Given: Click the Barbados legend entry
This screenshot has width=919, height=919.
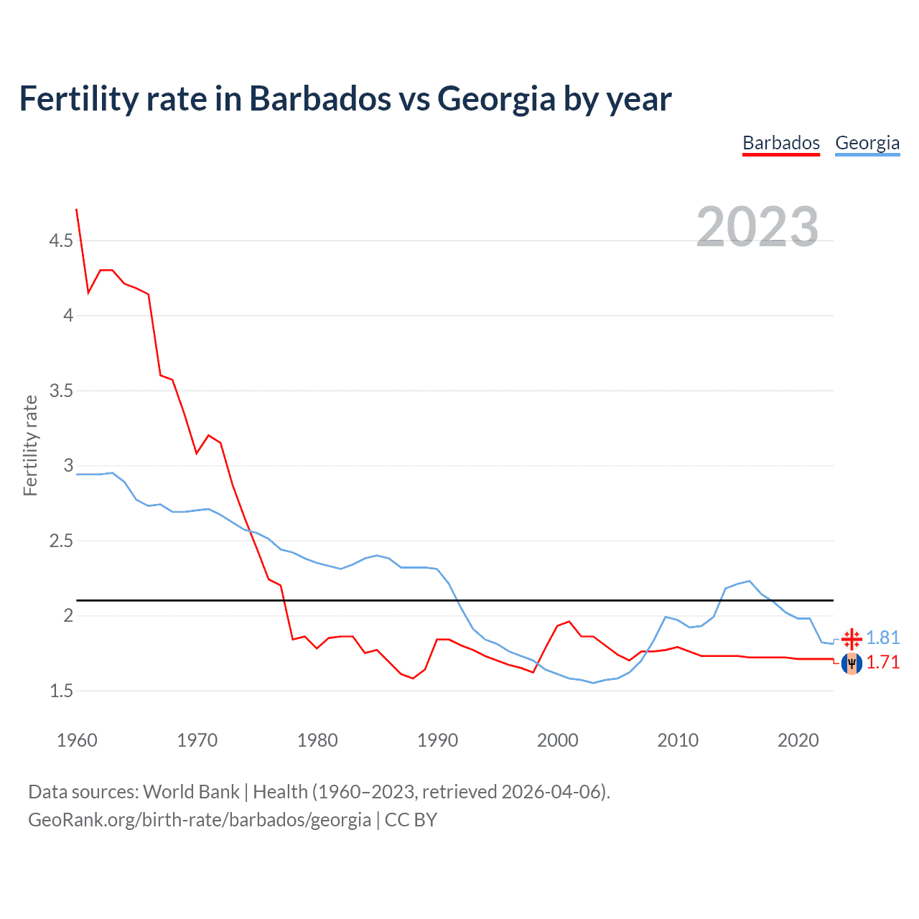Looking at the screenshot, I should [780, 143].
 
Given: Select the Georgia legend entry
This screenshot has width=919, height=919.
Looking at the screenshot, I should [867, 143].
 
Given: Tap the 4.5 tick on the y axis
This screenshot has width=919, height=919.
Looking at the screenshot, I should [61, 241].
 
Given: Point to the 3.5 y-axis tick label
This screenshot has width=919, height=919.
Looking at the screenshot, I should [61, 391].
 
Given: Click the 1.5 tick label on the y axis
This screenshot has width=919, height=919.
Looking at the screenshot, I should [61, 691].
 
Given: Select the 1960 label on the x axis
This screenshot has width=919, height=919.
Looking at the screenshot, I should [77, 740].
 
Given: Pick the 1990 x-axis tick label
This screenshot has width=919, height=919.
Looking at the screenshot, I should [437, 740].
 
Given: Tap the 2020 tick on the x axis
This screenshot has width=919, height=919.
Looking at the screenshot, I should [798, 740].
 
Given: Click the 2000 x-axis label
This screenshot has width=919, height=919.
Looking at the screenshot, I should [557, 740].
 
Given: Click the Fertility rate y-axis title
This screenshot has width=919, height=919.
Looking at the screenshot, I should [30, 445].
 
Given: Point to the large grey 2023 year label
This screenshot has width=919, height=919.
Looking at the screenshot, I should [757, 227].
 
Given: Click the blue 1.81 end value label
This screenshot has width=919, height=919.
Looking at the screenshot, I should [882, 638].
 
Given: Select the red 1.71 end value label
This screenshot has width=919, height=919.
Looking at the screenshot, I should [882, 662].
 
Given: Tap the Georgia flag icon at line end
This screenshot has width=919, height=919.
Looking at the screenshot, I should [852, 638].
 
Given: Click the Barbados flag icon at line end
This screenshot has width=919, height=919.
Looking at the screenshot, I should [852, 663].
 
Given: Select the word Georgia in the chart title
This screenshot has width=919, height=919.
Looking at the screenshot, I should [496, 98].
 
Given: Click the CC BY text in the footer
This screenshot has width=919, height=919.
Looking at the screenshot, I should [411, 819].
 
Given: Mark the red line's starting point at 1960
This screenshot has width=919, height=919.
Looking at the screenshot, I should [77, 209].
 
